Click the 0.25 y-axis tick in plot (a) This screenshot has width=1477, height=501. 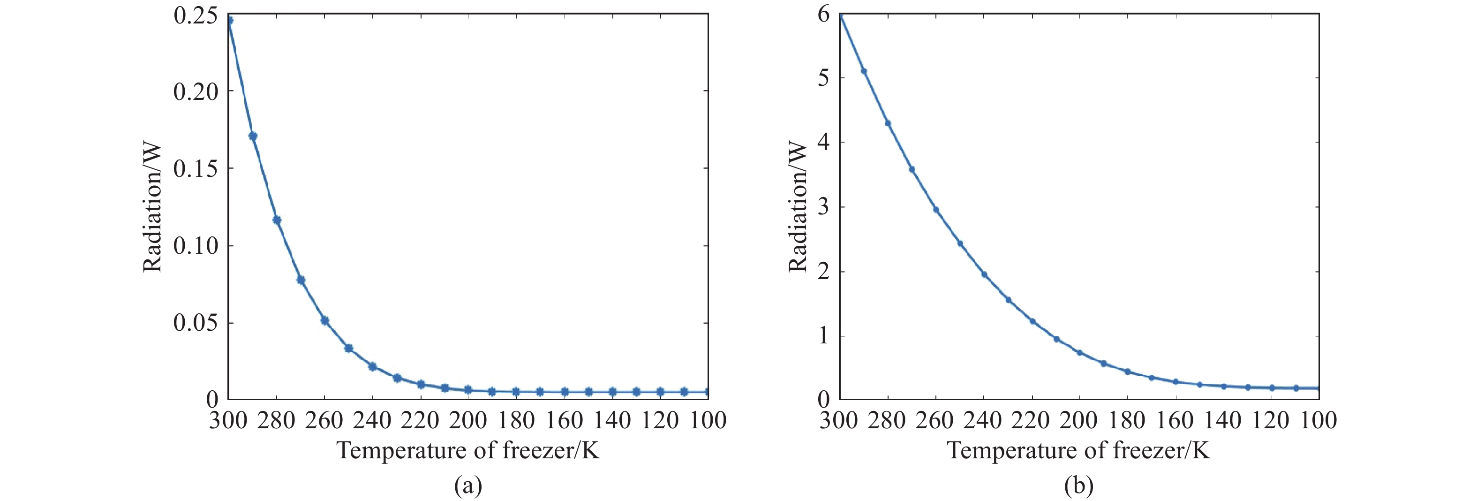196,15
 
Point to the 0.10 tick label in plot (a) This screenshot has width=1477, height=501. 196,246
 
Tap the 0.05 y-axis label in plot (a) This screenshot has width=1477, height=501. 196,323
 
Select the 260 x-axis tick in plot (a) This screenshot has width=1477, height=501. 324,420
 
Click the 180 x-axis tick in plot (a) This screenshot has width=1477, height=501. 516,420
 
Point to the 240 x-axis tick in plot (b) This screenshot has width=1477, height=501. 983,420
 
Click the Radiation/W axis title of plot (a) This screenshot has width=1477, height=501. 152,208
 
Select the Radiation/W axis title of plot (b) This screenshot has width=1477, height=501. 798,208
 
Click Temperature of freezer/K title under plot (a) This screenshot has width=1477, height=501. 468,450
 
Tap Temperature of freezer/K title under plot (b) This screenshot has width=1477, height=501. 1078,450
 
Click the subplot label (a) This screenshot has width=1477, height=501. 468,486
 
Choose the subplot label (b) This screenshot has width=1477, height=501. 1078,486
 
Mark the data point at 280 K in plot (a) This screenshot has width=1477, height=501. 276,220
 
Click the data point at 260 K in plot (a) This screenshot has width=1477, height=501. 324,320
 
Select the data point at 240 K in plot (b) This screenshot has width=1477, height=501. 984,274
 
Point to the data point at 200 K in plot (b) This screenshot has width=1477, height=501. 1080,352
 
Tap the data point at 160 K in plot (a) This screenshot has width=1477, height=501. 564,391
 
